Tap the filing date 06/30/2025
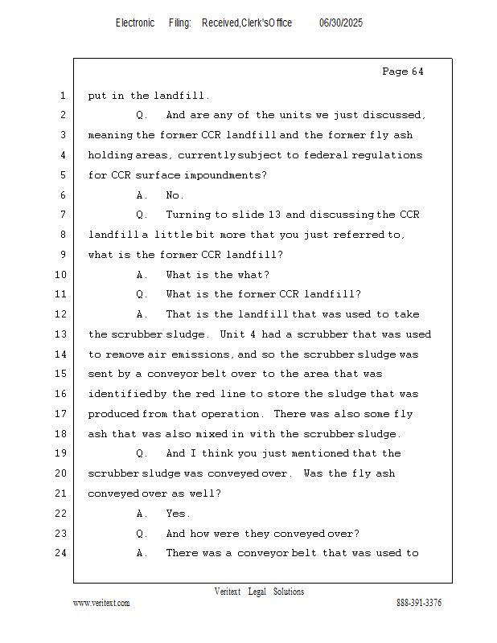(x=341, y=23)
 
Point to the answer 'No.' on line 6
(x=175, y=195)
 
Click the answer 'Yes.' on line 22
(x=178, y=514)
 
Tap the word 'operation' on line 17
(x=232, y=414)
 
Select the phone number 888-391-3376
(x=419, y=603)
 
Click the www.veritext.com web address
(x=101, y=603)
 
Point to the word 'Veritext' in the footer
(x=228, y=592)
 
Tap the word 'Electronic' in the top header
(x=135, y=23)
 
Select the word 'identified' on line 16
(x=120, y=394)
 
